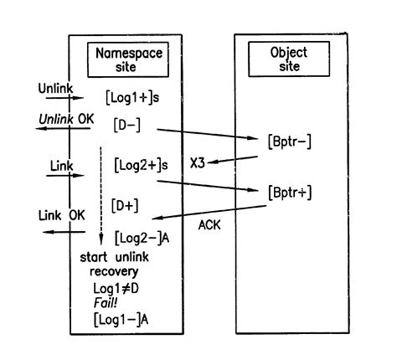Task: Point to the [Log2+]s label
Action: (142, 167)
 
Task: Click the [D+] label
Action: (125, 203)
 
